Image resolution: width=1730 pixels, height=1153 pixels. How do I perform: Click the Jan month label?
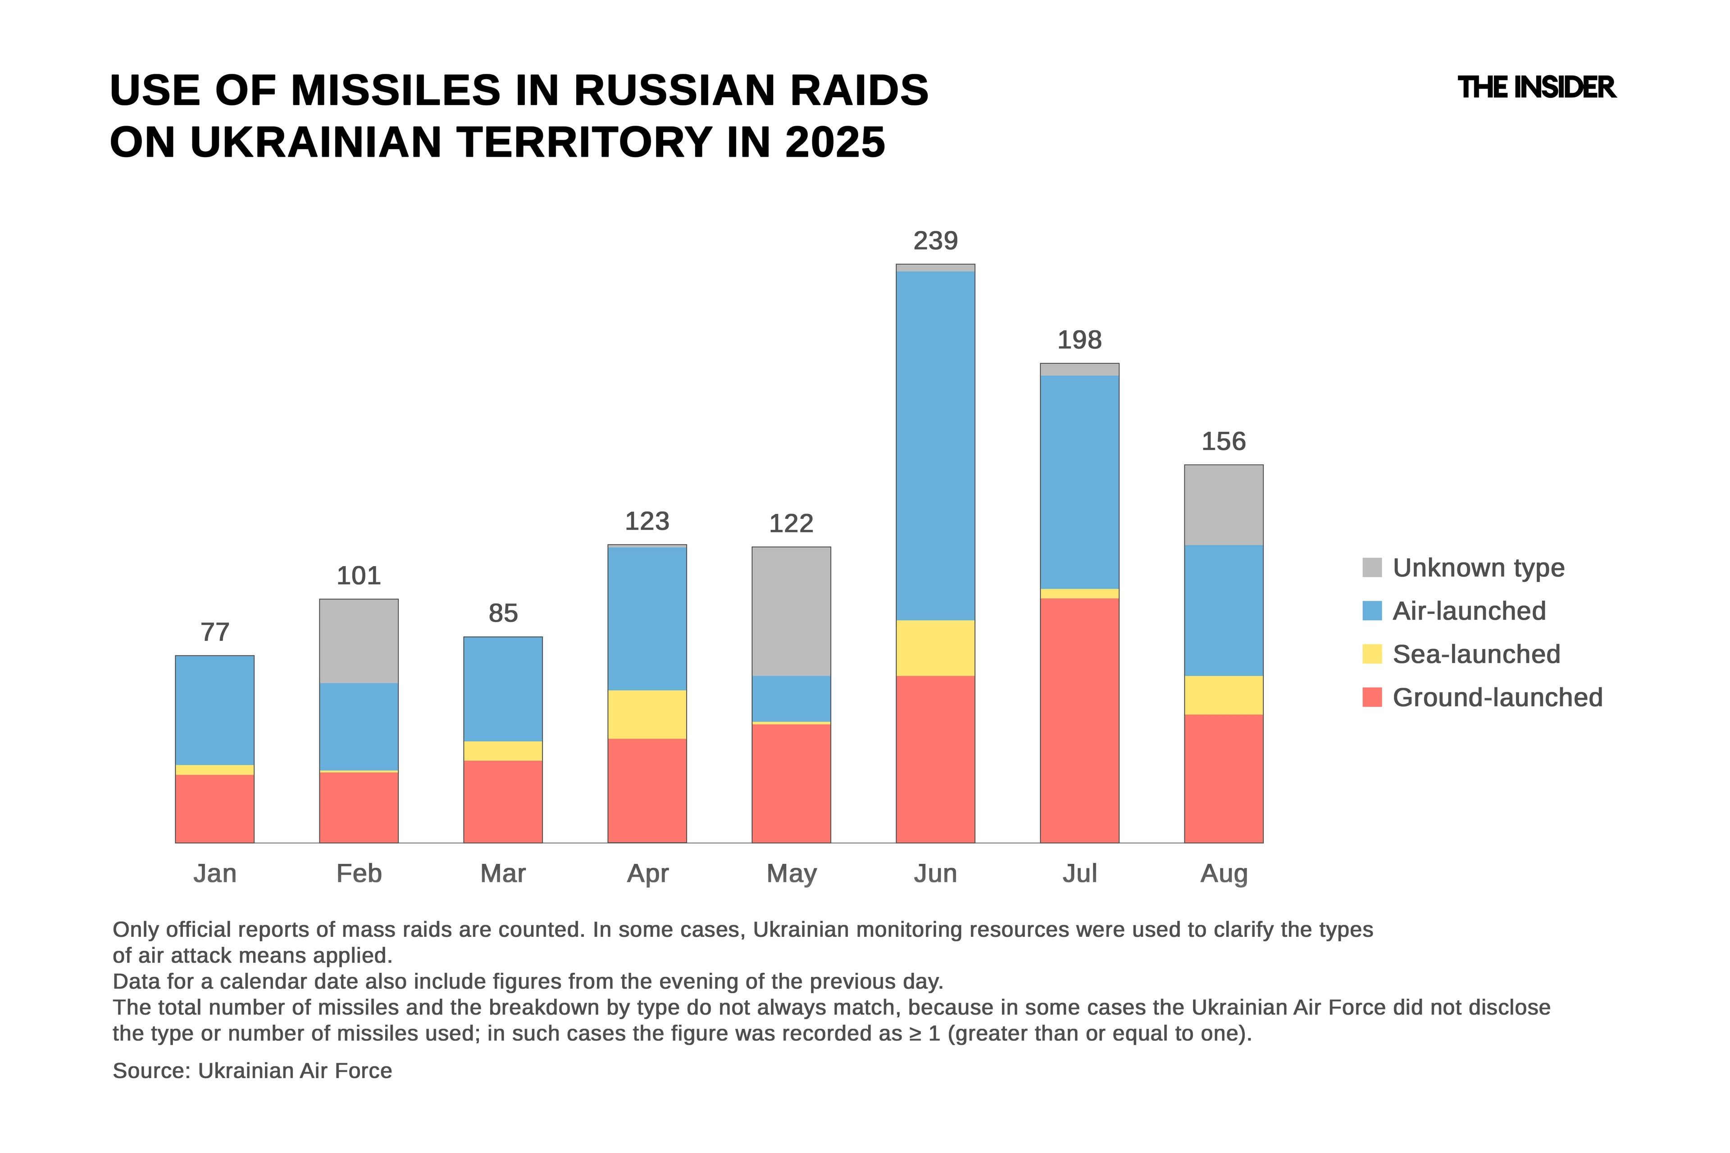click(x=215, y=874)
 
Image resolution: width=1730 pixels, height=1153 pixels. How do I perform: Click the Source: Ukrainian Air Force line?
click(x=252, y=1071)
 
